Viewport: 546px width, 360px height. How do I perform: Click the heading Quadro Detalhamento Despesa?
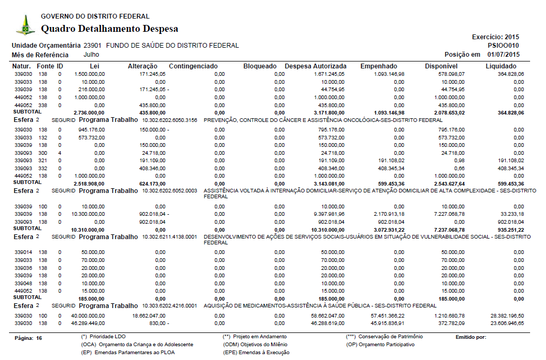coord(109,29)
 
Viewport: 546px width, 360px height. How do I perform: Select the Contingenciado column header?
coord(193,66)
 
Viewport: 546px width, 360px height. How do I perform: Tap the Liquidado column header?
coord(501,66)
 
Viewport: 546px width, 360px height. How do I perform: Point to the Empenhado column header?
coord(379,66)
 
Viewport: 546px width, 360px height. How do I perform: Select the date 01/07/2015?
coord(504,55)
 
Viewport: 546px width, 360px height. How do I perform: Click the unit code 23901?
coord(92,46)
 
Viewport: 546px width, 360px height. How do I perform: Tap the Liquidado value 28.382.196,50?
coord(507,315)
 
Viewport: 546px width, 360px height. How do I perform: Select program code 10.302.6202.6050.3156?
coord(170,120)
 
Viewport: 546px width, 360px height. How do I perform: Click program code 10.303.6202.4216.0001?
coord(170,306)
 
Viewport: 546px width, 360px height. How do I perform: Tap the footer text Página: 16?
coord(28,337)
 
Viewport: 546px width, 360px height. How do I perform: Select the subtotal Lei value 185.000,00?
coord(93,298)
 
